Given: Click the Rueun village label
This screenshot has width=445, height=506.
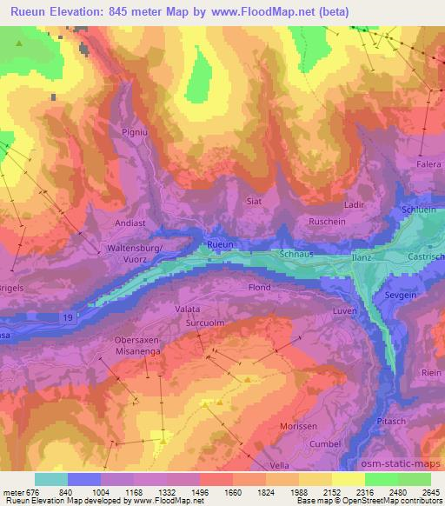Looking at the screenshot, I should point(220,246).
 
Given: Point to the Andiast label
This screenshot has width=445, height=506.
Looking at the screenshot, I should point(131,223).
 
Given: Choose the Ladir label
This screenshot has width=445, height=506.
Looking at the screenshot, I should point(354,204).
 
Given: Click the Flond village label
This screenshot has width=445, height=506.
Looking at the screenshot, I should point(259,287).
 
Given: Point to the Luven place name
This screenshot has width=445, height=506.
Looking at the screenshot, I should point(345,310).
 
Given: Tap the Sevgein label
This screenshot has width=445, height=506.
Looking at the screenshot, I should point(401,296).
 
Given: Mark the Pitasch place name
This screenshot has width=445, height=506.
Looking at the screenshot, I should point(394,421).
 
